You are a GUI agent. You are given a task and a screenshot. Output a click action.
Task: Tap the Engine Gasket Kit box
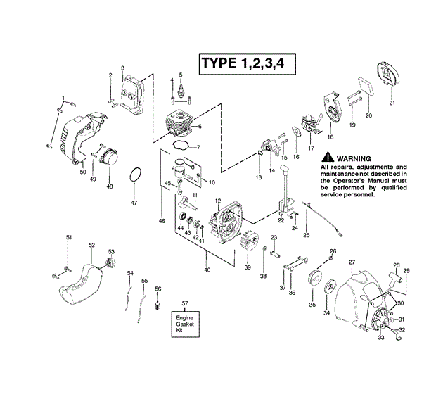184,325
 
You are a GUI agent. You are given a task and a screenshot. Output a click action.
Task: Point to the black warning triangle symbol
327,158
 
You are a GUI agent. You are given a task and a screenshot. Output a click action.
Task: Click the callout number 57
185,303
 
